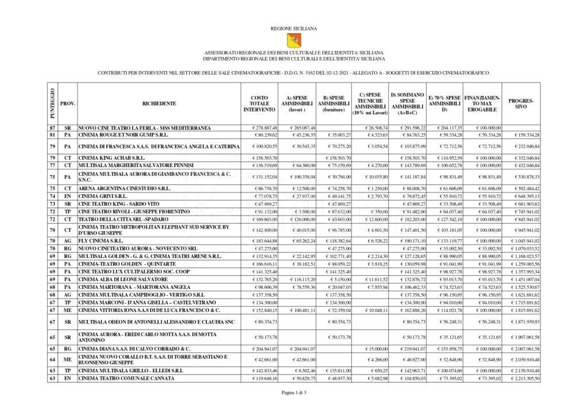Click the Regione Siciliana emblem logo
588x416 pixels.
click(x=293, y=40)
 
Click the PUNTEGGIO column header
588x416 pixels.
click(x=52, y=103)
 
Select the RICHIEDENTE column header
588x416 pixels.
click(x=160, y=103)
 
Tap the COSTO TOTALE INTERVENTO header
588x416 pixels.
click(x=259, y=103)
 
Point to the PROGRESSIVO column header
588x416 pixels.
click(x=521, y=103)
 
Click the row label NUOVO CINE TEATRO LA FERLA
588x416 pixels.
click(x=145, y=127)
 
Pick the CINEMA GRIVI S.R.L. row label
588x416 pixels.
click(x=103, y=196)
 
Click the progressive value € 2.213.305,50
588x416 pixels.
click(x=522, y=379)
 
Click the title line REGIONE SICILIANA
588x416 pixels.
click(x=293, y=28)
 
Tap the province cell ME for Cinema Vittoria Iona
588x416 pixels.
click(x=67, y=310)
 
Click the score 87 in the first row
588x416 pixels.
click(x=52, y=127)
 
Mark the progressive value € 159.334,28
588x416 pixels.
click(x=522, y=135)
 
